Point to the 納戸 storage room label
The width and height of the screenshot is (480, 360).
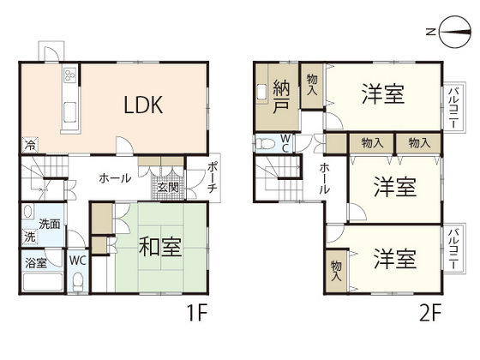click(x=281, y=96)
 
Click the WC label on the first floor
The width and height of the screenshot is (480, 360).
click(x=76, y=260)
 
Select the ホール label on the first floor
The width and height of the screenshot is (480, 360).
click(x=115, y=178)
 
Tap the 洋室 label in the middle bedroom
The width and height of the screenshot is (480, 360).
click(x=395, y=186)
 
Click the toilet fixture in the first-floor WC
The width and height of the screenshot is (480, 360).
click(x=77, y=280)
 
